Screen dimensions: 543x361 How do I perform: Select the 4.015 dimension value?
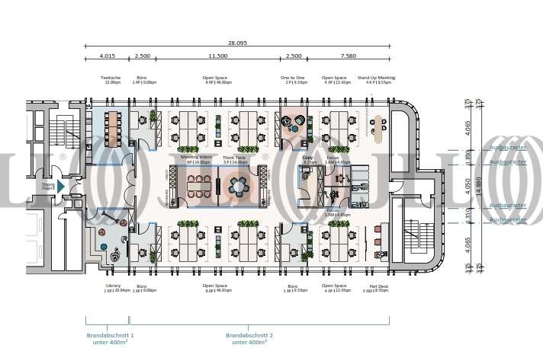coord(106,56)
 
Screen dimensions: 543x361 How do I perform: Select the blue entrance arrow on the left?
coord(61,185)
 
